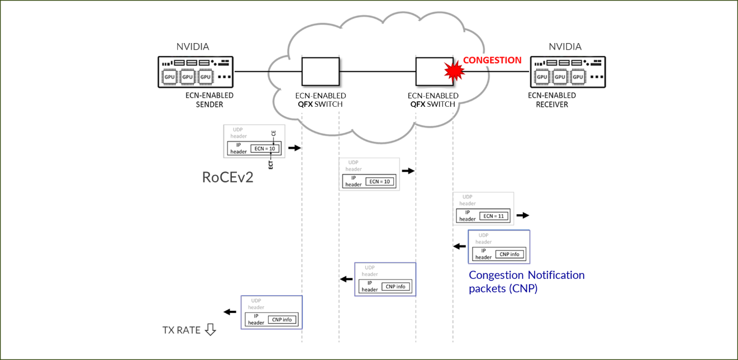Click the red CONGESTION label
point(492,60)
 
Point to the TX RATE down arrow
point(210,330)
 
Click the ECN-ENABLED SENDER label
point(210,100)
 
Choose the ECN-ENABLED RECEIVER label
point(552,100)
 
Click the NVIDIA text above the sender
point(193,47)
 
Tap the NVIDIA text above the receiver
point(565,47)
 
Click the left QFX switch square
point(321,72)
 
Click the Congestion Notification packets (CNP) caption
point(526,282)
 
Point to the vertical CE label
point(274,135)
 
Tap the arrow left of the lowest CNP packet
point(230,312)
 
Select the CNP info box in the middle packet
point(396,287)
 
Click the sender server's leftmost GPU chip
point(169,77)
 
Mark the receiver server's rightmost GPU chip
point(578,77)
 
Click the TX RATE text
point(181,330)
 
